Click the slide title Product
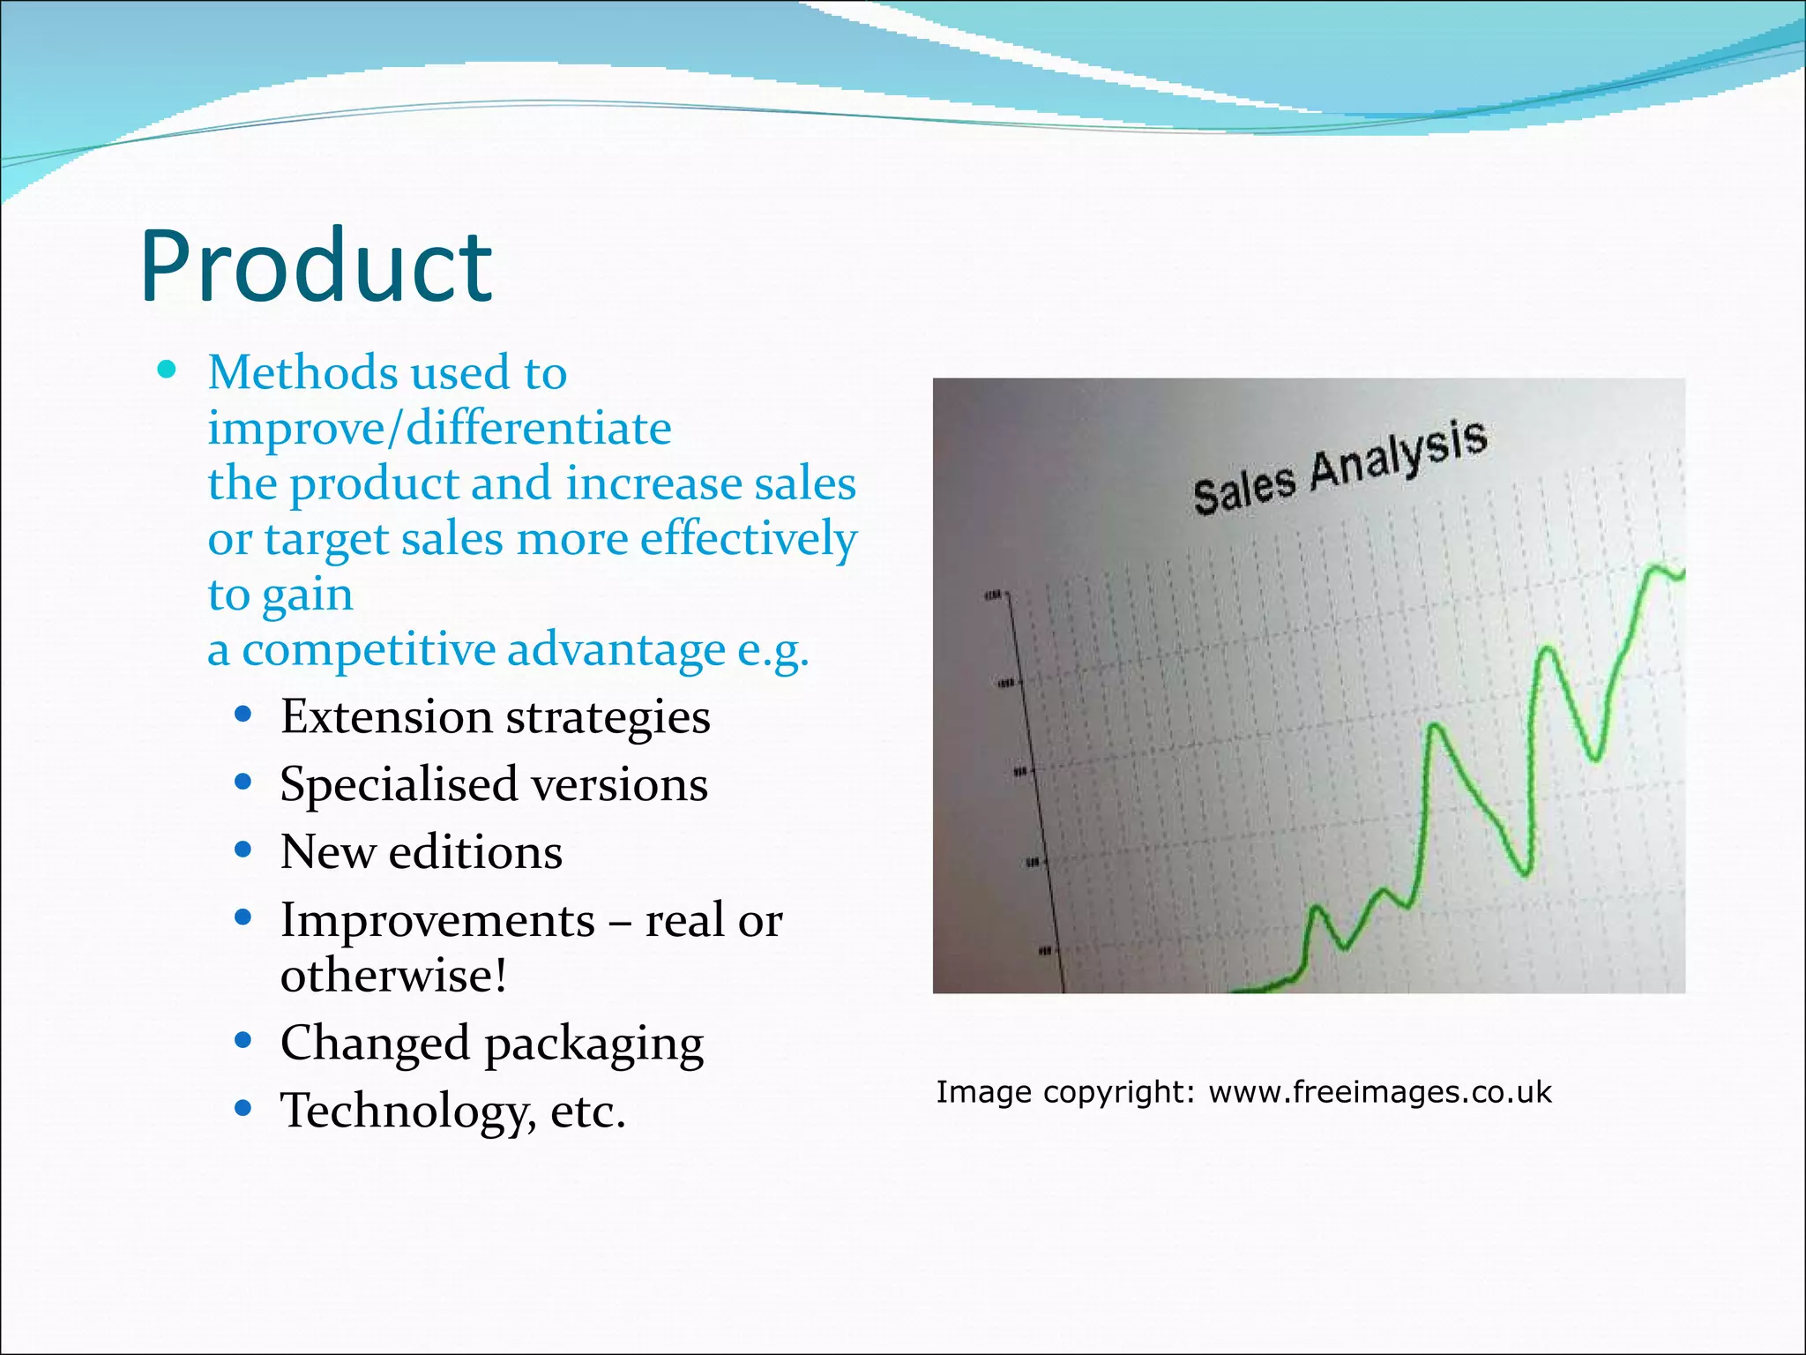tap(316, 266)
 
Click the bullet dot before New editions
tap(243, 850)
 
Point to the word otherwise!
tap(393, 976)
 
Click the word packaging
tap(593, 1045)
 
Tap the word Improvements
tap(437, 921)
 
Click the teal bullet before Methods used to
tap(167, 370)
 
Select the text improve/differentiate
tap(439, 429)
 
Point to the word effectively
tap(748, 540)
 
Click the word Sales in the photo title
tap(1243, 490)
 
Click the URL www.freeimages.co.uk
tap(1379, 1092)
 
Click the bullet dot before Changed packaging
tap(243, 1041)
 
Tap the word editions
tap(475, 853)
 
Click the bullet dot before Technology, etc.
tap(243, 1109)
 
